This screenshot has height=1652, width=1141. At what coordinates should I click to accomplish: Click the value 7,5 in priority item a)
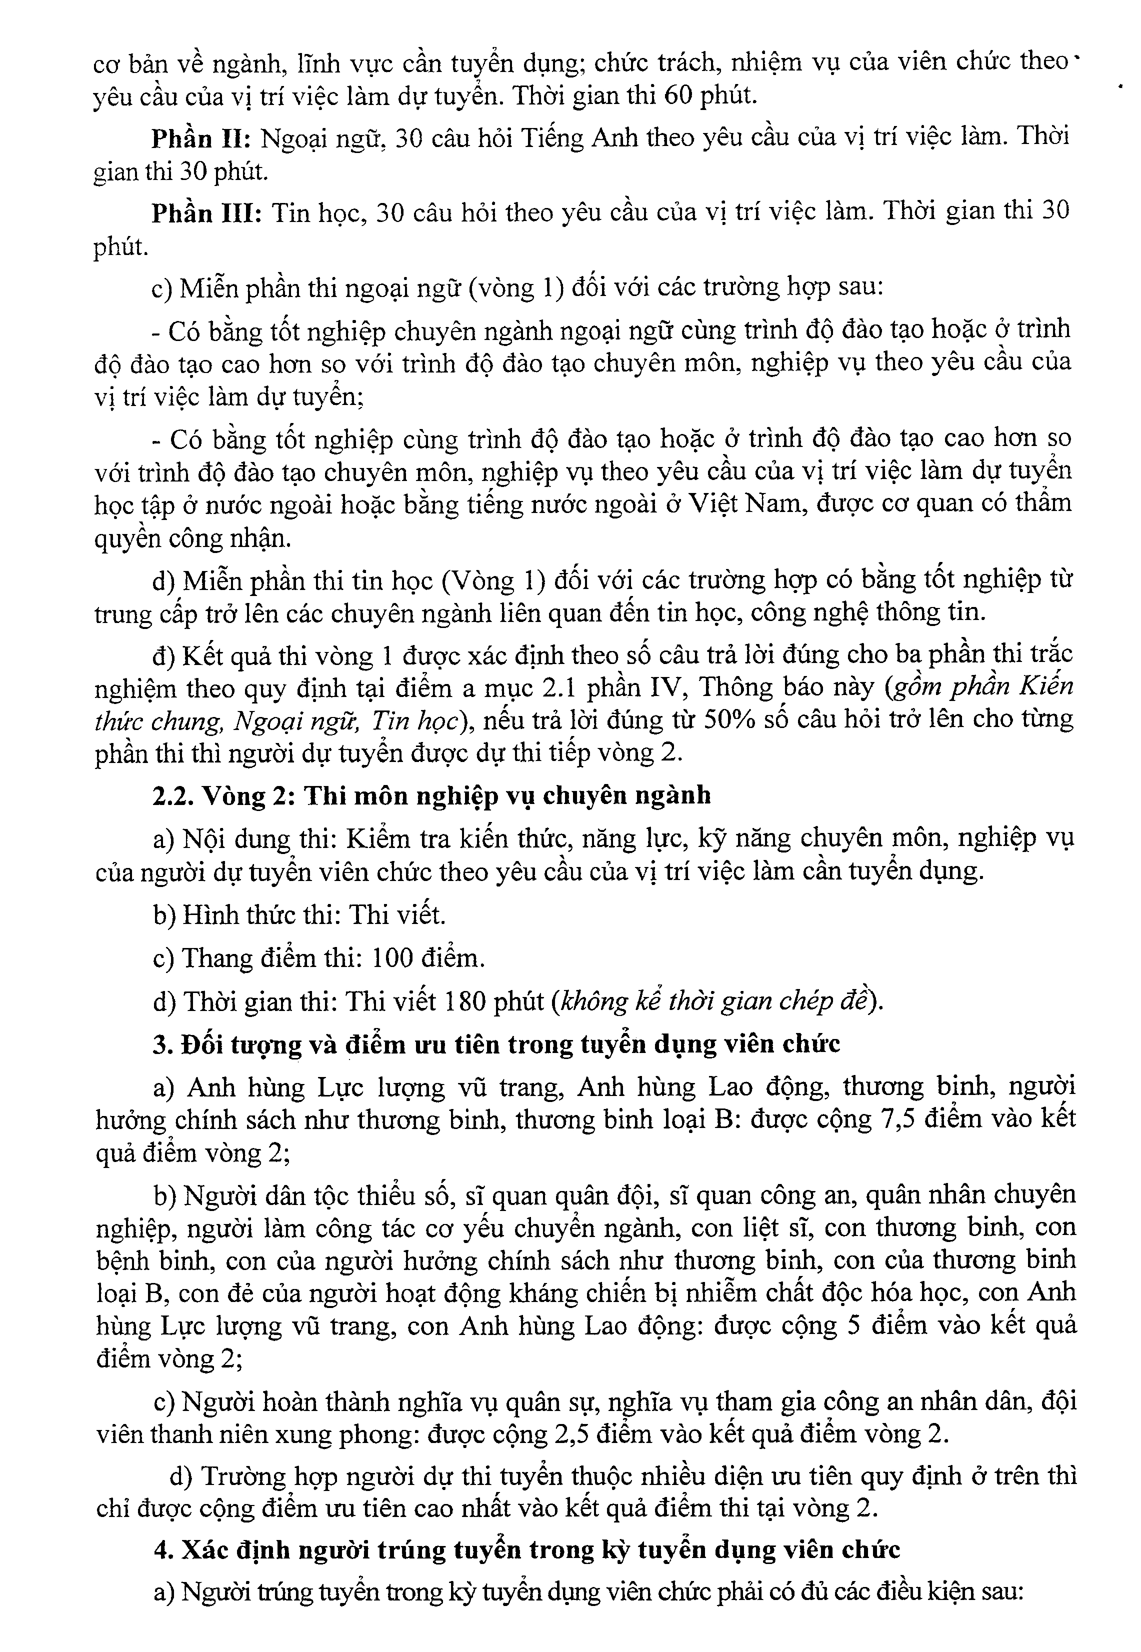tap(893, 1119)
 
